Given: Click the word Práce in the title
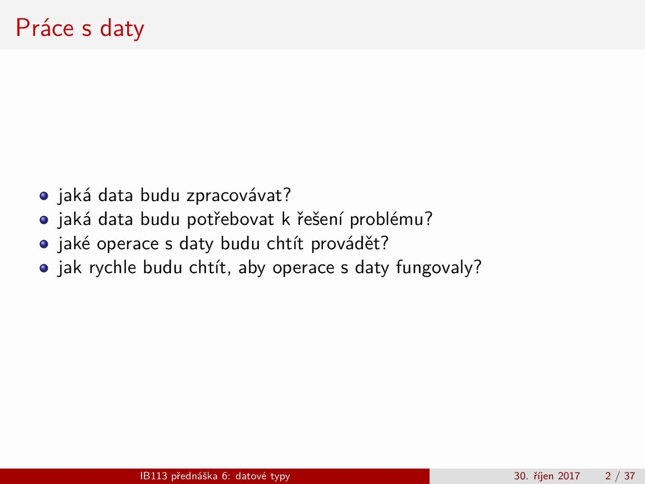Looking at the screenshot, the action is click(x=45, y=28).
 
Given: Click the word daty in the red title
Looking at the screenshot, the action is click(x=122, y=29).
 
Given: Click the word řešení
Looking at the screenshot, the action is click(x=319, y=219).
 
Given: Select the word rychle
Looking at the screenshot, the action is click(x=112, y=268).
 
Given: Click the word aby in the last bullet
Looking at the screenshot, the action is click(x=251, y=268).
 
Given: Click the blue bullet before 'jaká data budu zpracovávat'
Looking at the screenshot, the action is click(x=44, y=196).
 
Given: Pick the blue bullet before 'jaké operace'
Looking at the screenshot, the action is click(x=44, y=244).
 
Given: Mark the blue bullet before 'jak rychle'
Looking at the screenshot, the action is click(x=44, y=268).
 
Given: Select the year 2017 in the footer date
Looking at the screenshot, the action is click(x=569, y=476).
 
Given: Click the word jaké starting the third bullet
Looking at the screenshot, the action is click(x=74, y=244).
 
